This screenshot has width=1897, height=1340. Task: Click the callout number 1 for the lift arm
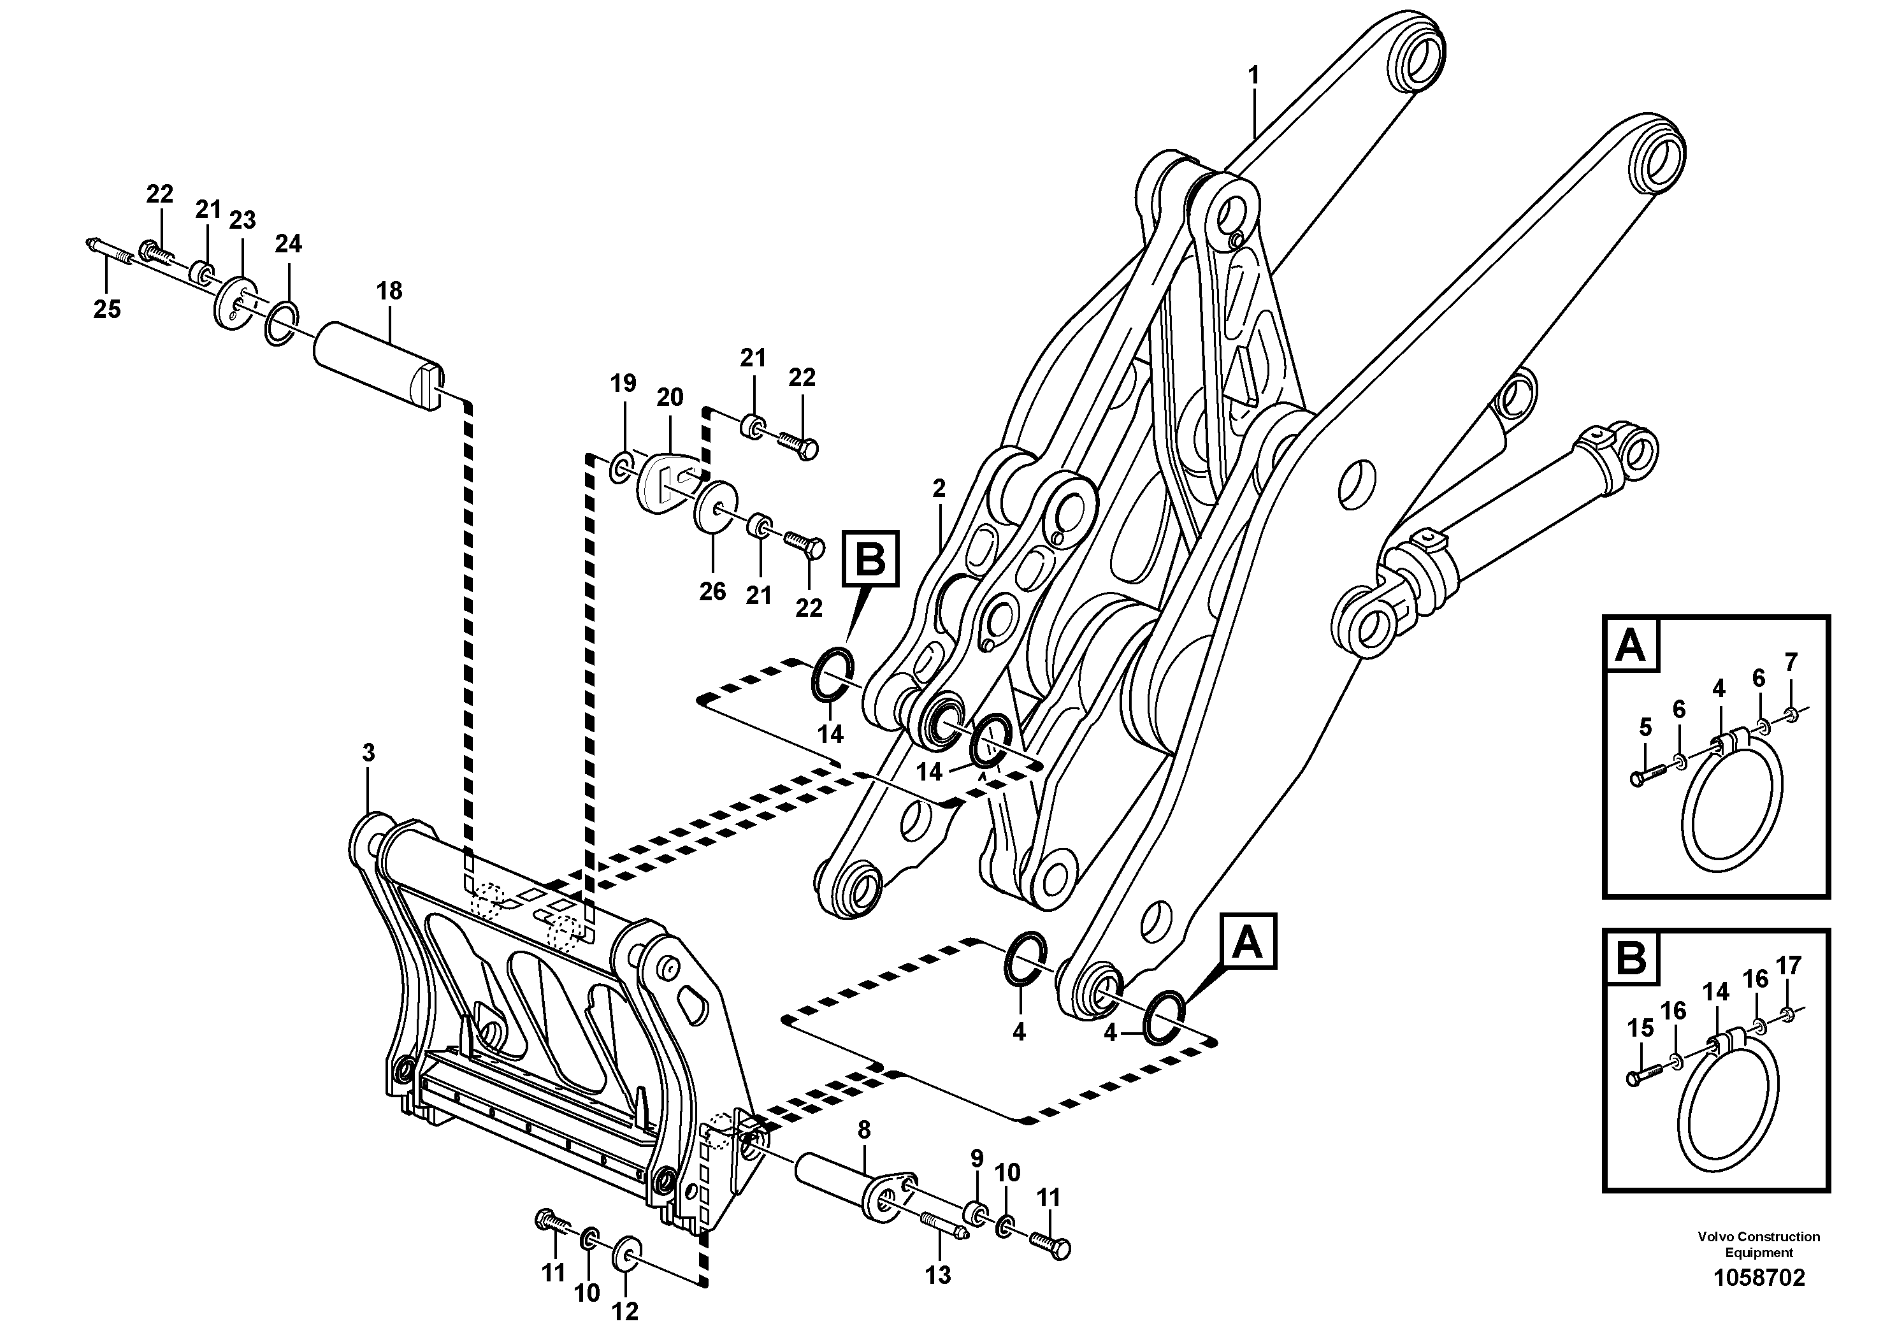pos(1253,76)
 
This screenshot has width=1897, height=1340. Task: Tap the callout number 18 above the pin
pos(389,291)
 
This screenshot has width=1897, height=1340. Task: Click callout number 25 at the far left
pos(106,309)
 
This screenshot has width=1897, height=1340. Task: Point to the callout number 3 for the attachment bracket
pos(368,753)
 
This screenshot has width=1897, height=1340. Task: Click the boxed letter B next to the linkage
pos(869,560)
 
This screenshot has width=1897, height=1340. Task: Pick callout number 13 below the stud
pos(938,1275)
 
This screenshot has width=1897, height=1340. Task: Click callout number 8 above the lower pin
pos(864,1129)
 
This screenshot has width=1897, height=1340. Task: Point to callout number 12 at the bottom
pos(626,1311)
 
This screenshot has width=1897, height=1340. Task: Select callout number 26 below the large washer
pos(712,591)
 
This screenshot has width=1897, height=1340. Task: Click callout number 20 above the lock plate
pos(670,398)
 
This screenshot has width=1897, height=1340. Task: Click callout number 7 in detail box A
pos(1791,662)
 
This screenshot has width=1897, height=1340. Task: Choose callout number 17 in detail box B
pos(1789,965)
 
